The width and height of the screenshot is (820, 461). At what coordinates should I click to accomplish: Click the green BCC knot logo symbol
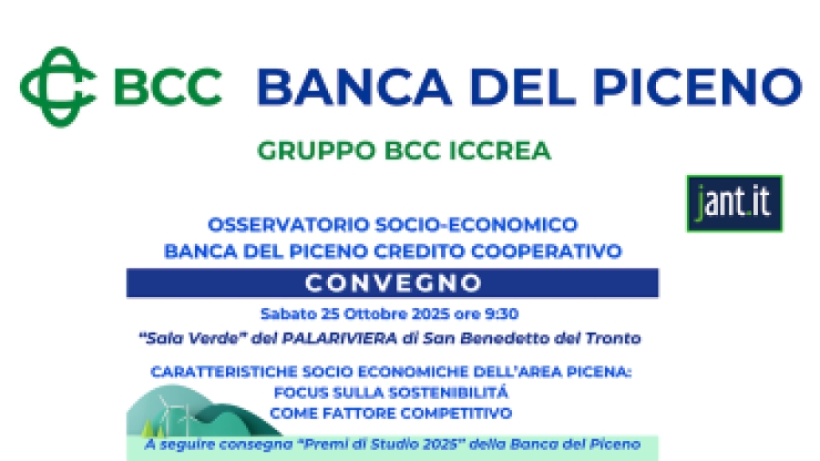[x=58, y=87]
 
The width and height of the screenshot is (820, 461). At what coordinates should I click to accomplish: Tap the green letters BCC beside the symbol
[x=168, y=87]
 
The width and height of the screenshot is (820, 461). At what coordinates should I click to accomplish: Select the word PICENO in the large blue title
[x=698, y=87]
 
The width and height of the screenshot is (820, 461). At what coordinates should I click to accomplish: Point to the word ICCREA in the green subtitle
[x=500, y=151]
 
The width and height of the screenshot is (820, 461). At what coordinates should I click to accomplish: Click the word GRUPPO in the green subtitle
[x=316, y=151]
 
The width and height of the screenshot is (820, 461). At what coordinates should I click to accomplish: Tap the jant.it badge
[x=734, y=203]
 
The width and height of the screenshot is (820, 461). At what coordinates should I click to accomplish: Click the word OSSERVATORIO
[x=289, y=225]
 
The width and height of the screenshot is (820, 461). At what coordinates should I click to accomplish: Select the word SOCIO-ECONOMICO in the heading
[x=477, y=225]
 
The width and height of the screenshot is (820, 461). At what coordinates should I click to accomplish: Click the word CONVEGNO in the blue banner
[x=394, y=283]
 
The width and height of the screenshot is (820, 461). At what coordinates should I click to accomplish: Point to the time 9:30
[x=501, y=313]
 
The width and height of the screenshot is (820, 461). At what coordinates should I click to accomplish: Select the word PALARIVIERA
[x=340, y=338]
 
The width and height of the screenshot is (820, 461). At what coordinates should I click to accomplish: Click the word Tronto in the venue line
[x=613, y=338]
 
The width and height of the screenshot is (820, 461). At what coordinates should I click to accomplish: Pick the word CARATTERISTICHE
[x=224, y=372]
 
